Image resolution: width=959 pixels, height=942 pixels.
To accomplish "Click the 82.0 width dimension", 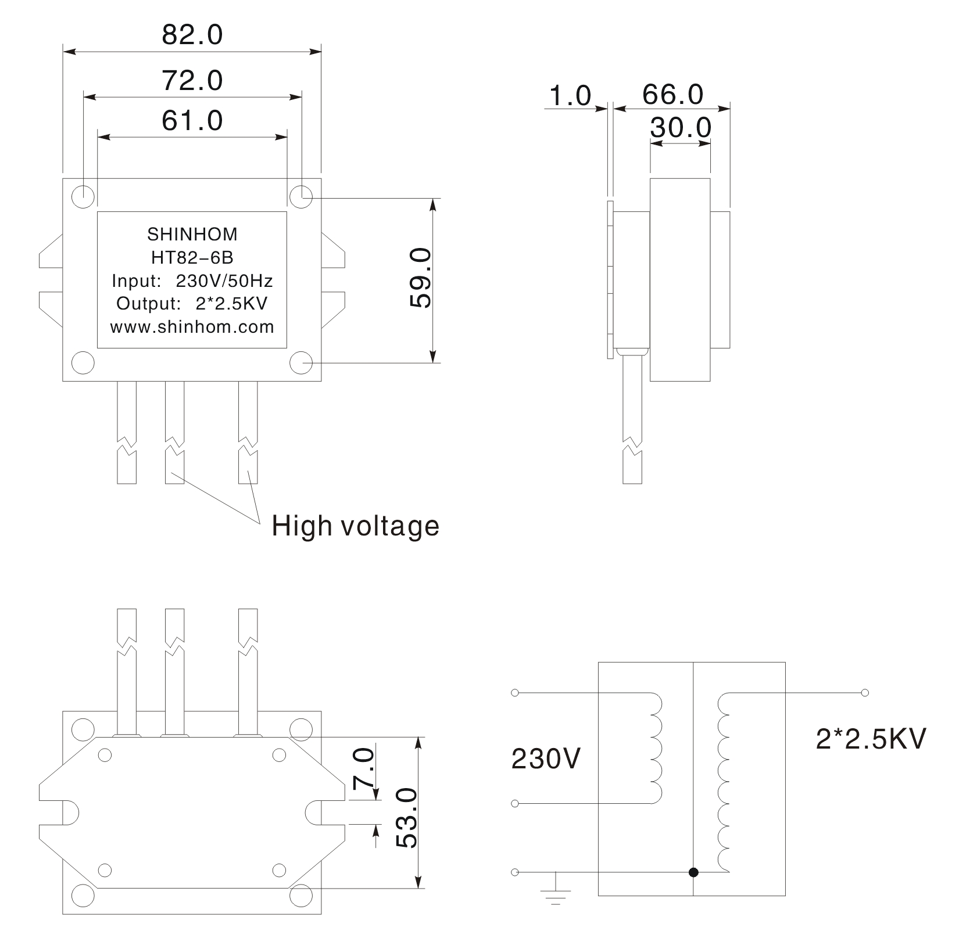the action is click(x=192, y=35).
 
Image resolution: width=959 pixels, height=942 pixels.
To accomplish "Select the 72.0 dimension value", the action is click(x=192, y=80).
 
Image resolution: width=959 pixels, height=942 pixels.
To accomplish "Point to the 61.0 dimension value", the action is click(x=192, y=121).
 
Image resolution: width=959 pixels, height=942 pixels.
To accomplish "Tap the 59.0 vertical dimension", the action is click(x=420, y=278).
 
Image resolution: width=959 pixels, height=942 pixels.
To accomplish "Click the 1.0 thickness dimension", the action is click(x=570, y=95).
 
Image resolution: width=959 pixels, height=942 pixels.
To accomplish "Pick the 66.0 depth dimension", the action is click(x=672, y=95).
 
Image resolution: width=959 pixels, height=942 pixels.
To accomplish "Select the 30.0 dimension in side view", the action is click(x=681, y=128).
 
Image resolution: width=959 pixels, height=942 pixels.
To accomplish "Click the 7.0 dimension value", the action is click(x=363, y=768).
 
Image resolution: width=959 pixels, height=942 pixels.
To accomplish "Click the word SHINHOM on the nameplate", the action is click(x=192, y=234).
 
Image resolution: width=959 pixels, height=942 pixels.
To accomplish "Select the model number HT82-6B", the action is click(x=192, y=257).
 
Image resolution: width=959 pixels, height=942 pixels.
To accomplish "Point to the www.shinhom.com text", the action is click(x=192, y=327).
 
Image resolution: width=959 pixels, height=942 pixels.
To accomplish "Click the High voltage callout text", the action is click(x=356, y=526).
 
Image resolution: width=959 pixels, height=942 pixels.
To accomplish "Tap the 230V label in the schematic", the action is click(x=546, y=758).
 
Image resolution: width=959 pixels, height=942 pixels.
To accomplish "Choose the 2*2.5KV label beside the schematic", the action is click(x=871, y=739).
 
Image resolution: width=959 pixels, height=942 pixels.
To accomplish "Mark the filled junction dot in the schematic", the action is click(x=693, y=872).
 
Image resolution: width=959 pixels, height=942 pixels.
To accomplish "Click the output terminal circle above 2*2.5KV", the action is click(x=865, y=692).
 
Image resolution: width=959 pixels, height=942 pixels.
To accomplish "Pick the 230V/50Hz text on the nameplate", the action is click(x=224, y=281).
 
